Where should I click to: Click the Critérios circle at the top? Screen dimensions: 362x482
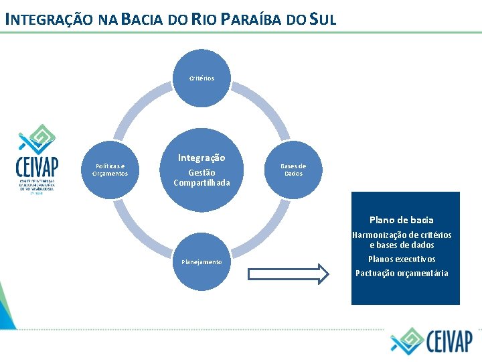pos(202,78)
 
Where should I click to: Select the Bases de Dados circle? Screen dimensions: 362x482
pos(293,170)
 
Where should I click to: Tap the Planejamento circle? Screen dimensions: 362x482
pos(202,261)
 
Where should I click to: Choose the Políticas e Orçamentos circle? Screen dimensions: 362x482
pos(110,170)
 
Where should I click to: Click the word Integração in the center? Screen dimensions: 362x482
pos(202,158)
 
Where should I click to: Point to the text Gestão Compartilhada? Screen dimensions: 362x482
pos(202,178)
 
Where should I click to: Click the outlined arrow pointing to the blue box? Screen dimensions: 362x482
pos(289,274)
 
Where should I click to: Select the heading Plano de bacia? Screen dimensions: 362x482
pos(401,220)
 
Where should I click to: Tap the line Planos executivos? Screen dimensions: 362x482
pos(402,259)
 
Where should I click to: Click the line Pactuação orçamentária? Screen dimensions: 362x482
pos(402,273)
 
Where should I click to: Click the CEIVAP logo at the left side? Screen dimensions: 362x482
pos(37,160)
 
